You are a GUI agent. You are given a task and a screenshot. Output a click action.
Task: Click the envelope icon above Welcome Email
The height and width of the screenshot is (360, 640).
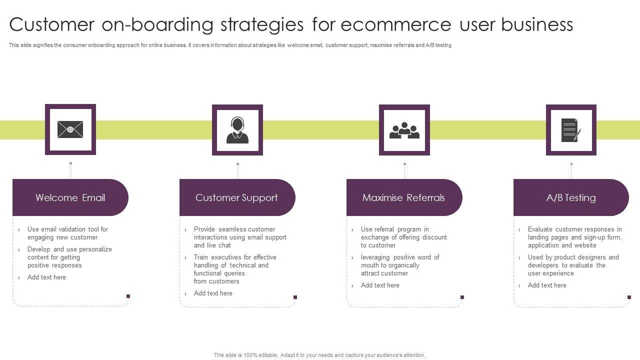coord(70,129)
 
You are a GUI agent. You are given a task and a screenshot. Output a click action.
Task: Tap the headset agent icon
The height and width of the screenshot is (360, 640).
coord(237,130)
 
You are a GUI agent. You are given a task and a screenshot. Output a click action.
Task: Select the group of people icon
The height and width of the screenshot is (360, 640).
coord(404,130)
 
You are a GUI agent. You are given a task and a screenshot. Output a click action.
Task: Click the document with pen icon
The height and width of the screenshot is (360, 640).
coord(571,130)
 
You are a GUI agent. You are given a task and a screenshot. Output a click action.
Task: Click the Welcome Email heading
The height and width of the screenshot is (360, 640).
coord(70,197)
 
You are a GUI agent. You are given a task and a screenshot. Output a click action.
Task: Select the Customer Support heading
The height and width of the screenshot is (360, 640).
coord(236,197)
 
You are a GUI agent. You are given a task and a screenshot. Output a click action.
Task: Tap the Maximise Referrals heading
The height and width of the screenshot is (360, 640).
coord(403,197)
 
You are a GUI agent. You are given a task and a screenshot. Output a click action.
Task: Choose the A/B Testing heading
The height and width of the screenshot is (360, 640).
coord(571,197)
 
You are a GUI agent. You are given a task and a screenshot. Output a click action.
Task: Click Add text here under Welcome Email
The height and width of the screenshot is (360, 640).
coord(46,277)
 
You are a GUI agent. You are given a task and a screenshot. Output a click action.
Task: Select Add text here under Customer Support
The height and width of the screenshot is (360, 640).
coord(213,293)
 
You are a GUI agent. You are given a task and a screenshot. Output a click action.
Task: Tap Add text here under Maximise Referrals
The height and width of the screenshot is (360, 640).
coord(380,285)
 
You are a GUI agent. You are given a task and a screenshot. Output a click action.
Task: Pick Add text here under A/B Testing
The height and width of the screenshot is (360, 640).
coord(547,285)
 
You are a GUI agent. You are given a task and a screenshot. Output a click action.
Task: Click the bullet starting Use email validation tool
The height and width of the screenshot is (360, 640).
coord(67,233)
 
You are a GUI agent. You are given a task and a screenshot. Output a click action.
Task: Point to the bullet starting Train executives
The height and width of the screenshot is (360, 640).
coord(235,269)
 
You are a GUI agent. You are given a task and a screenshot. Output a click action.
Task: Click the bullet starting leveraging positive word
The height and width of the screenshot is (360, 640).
coord(399,265)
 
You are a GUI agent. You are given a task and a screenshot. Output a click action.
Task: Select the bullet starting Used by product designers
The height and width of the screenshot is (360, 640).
coord(573,265)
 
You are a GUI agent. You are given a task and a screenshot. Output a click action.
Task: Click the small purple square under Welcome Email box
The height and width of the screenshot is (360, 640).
coord(128,296)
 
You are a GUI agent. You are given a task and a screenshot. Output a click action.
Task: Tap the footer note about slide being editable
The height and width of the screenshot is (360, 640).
coord(319,355)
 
